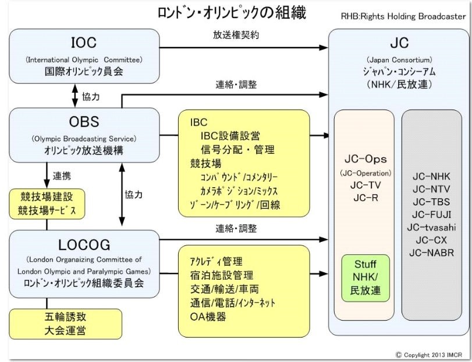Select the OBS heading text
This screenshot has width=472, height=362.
84,122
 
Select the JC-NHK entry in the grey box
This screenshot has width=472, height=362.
431,176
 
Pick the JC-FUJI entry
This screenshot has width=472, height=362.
431,215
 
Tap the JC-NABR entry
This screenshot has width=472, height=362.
431,253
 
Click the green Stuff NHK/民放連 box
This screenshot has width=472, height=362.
365,278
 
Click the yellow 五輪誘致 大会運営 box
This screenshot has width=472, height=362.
66,324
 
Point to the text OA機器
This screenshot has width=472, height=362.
208,317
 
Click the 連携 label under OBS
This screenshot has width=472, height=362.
63,175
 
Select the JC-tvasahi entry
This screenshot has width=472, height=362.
431,227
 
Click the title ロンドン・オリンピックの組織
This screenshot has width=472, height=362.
232,12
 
